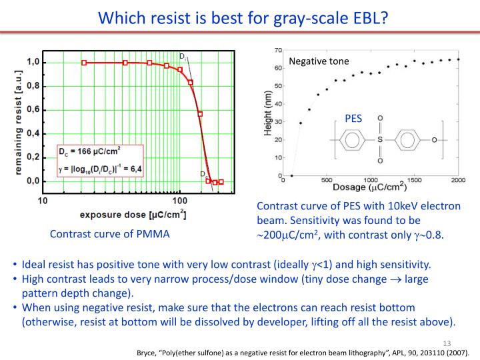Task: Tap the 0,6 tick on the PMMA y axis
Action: [x=31, y=109]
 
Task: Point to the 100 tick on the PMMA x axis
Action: [x=179, y=199]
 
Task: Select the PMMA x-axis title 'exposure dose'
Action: [x=133, y=214]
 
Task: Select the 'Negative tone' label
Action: [x=319, y=61]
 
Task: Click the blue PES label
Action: [x=353, y=119]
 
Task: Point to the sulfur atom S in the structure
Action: [x=380, y=141]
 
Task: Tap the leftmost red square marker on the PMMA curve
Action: [x=84, y=63]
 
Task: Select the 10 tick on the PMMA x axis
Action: [x=42, y=199]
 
